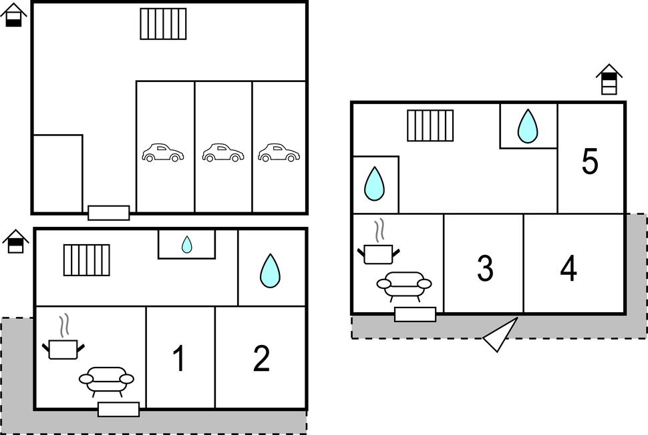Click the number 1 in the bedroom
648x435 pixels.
178,359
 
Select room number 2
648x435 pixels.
261,359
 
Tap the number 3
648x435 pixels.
485,268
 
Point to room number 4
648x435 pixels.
569,268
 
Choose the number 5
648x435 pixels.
589,161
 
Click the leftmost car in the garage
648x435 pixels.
162,153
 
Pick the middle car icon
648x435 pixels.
223,153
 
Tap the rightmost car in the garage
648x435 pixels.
279,153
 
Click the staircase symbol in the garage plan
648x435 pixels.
163,24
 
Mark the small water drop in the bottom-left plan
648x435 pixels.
187,245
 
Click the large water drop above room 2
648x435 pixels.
270,270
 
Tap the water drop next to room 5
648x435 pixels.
528,126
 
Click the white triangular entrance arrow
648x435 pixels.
502,335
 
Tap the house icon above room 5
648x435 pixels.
609,79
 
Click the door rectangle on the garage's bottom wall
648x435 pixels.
109,213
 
